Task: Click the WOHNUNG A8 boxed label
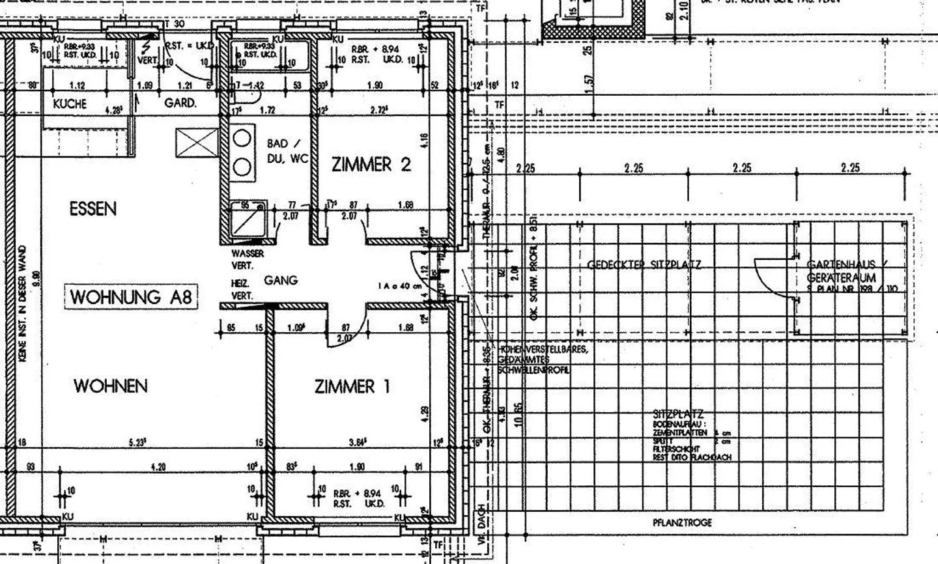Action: [131, 297]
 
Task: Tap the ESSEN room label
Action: [93, 209]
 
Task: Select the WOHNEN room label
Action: [110, 386]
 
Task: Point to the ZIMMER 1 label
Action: [352, 387]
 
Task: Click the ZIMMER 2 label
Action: [371, 164]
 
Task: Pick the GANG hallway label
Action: [281, 280]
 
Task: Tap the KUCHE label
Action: [70, 104]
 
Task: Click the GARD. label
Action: [180, 103]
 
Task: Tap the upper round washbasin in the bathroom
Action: [242, 138]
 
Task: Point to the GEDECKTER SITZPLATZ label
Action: [644, 264]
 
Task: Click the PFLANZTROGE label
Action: [682, 522]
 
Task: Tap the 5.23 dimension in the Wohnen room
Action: [137, 442]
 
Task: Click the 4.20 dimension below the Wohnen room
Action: [158, 467]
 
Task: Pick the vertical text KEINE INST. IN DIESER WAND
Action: [23, 303]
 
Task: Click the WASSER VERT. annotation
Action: [248, 259]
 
